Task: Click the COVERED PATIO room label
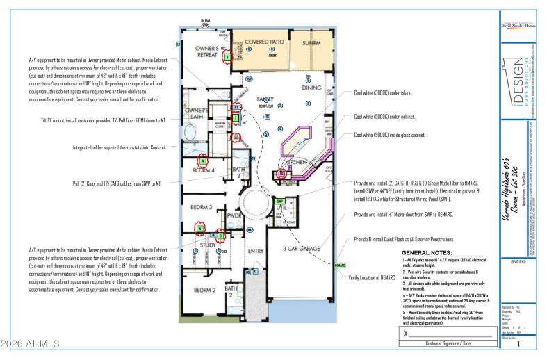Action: [x=261, y=42]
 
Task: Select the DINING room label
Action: [x=312, y=88]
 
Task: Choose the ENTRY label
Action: [x=255, y=251]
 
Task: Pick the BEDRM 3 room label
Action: [x=200, y=207]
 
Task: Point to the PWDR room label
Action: [x=234, y=216]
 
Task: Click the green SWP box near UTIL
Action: [x=281, y=202]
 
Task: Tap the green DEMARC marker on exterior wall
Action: [x=340, y=265]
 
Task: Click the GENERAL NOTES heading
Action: [x=427, y=252]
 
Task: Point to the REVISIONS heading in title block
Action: [x=518, y=263]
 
